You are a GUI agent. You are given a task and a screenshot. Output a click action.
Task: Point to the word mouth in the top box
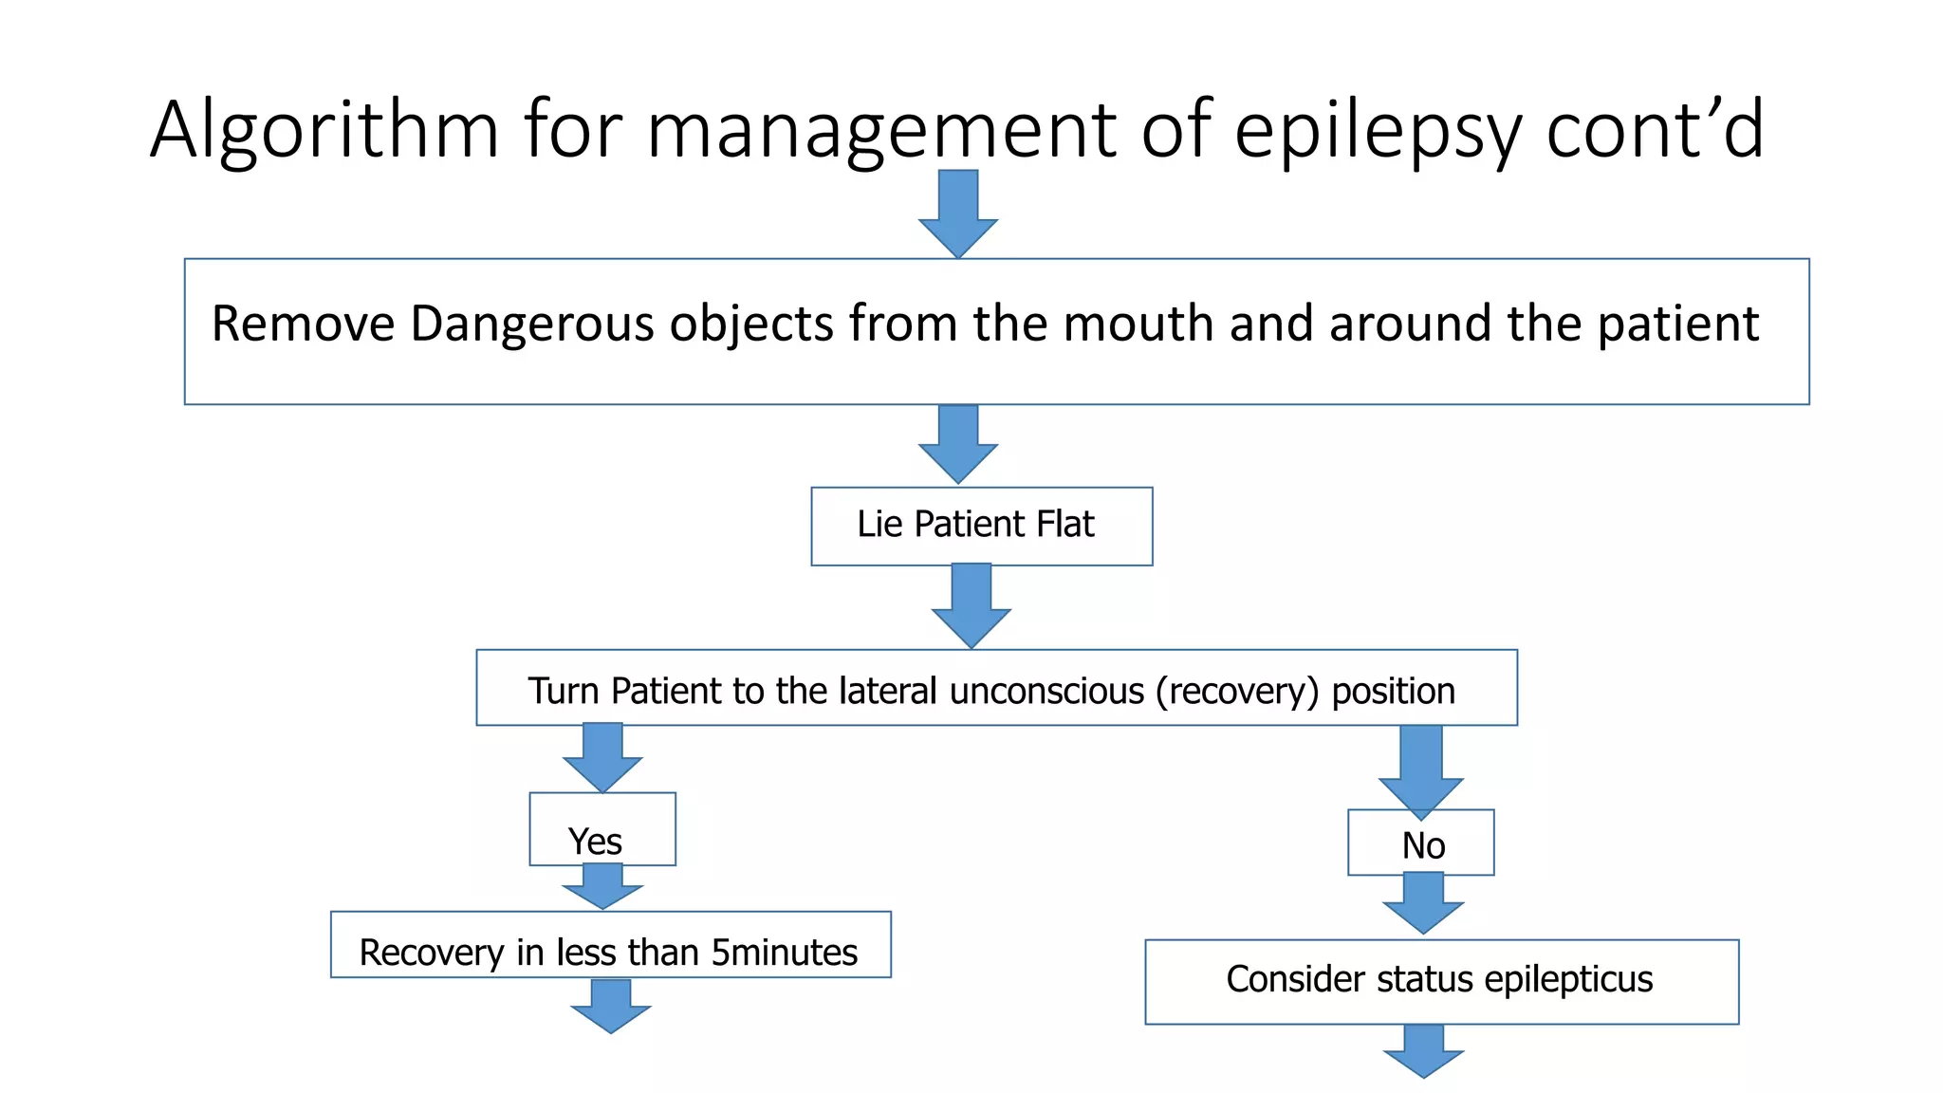[1139, 324]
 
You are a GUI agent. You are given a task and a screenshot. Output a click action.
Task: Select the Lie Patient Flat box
[981, 526]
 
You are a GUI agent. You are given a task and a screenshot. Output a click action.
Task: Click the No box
[1421, 844]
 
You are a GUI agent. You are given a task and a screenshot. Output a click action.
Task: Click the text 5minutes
[784, 952]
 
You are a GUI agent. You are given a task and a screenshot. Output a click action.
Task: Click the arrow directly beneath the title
[958, 213]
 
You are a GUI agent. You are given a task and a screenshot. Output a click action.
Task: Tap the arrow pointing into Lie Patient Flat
[958, 443]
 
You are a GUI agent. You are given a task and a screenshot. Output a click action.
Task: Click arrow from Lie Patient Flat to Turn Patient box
[971, 605]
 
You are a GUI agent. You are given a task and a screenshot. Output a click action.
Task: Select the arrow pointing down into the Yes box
[602, 756]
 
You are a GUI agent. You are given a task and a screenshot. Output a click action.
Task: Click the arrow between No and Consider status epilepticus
[1423, 903]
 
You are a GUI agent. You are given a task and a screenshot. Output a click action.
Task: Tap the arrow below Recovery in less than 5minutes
[611, 1006]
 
